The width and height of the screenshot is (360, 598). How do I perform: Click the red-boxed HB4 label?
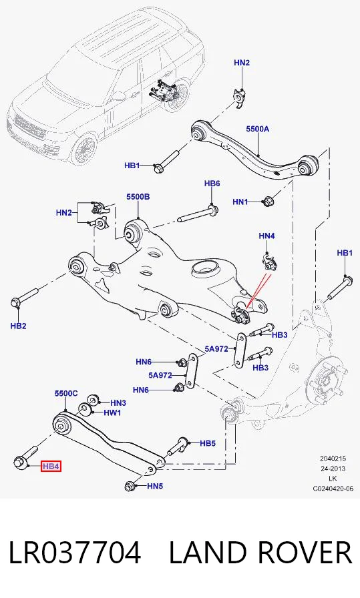(51, 466)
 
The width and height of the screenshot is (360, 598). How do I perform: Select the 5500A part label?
(257, 129)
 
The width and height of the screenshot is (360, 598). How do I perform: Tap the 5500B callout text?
(138, 197)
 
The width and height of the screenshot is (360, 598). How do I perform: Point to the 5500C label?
(66, 393)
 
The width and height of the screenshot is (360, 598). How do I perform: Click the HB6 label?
(212, 184)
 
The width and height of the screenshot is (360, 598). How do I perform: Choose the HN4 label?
(266, 236)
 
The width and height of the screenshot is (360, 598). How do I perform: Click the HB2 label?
(18, 326)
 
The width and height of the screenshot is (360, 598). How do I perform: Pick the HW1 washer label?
(112, 412)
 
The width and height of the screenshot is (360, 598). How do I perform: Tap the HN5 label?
(155, 486)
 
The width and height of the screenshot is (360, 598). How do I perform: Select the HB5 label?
(208, 443)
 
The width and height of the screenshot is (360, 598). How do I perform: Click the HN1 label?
(240, 202)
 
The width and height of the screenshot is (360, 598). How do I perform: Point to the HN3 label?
(118, 402)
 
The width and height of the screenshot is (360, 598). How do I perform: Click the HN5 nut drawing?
(130, 487)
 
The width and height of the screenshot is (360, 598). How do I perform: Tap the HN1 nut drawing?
(268, 201)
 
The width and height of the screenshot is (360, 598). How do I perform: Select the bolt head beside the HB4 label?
(20, 462)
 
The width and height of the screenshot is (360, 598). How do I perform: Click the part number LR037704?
(75, 552)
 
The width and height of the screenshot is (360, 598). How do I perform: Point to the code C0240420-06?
(333, 488)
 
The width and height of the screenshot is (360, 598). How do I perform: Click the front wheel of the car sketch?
(84, 149)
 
